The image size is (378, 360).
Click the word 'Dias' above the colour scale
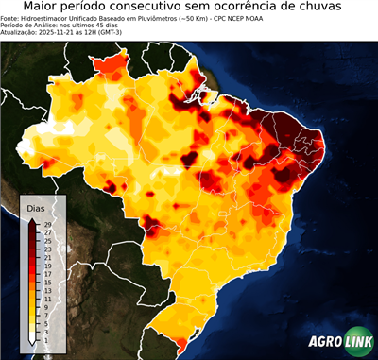pyautogui.click(x=36, y=207)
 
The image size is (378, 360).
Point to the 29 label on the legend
pyautogui.click(x=47, y=224)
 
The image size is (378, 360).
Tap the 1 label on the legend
pyautogui.click(x=47, y=333)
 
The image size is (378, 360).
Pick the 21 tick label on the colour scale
pyautogui.click(x=47, y=257)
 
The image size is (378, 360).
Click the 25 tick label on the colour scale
pyautogui.click(x=47, y=240)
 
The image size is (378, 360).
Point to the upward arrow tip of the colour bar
pyautogui.click(x=31, y=219)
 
